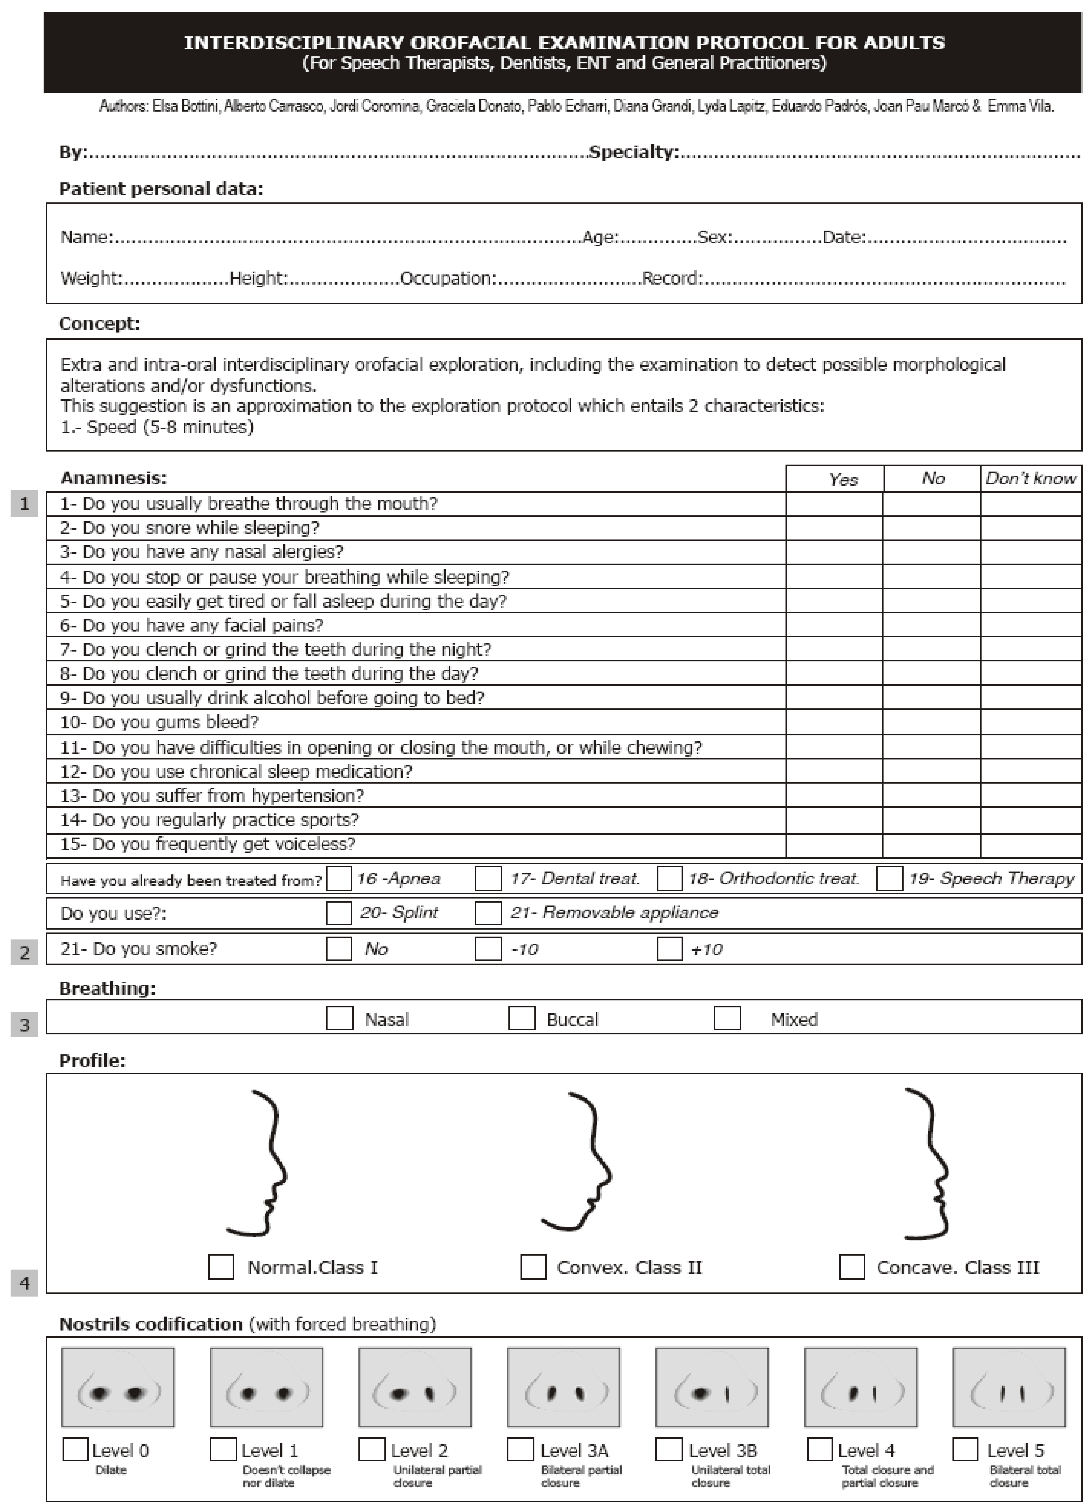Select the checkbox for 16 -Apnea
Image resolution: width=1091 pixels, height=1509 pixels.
[339, 878]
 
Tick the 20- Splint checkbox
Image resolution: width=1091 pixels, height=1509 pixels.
[339, 913]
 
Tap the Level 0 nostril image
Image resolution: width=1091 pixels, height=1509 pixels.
[118, 1387]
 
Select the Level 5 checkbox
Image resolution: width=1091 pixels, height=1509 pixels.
[965, 1449]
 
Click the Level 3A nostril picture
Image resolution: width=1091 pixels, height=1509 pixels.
[563, 1387]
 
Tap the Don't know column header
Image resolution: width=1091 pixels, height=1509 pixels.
[1031, 478]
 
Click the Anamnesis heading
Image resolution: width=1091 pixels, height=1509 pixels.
[114, 478]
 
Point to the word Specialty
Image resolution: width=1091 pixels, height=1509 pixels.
[633, 152]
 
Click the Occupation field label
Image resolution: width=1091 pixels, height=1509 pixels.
[448, 278]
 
